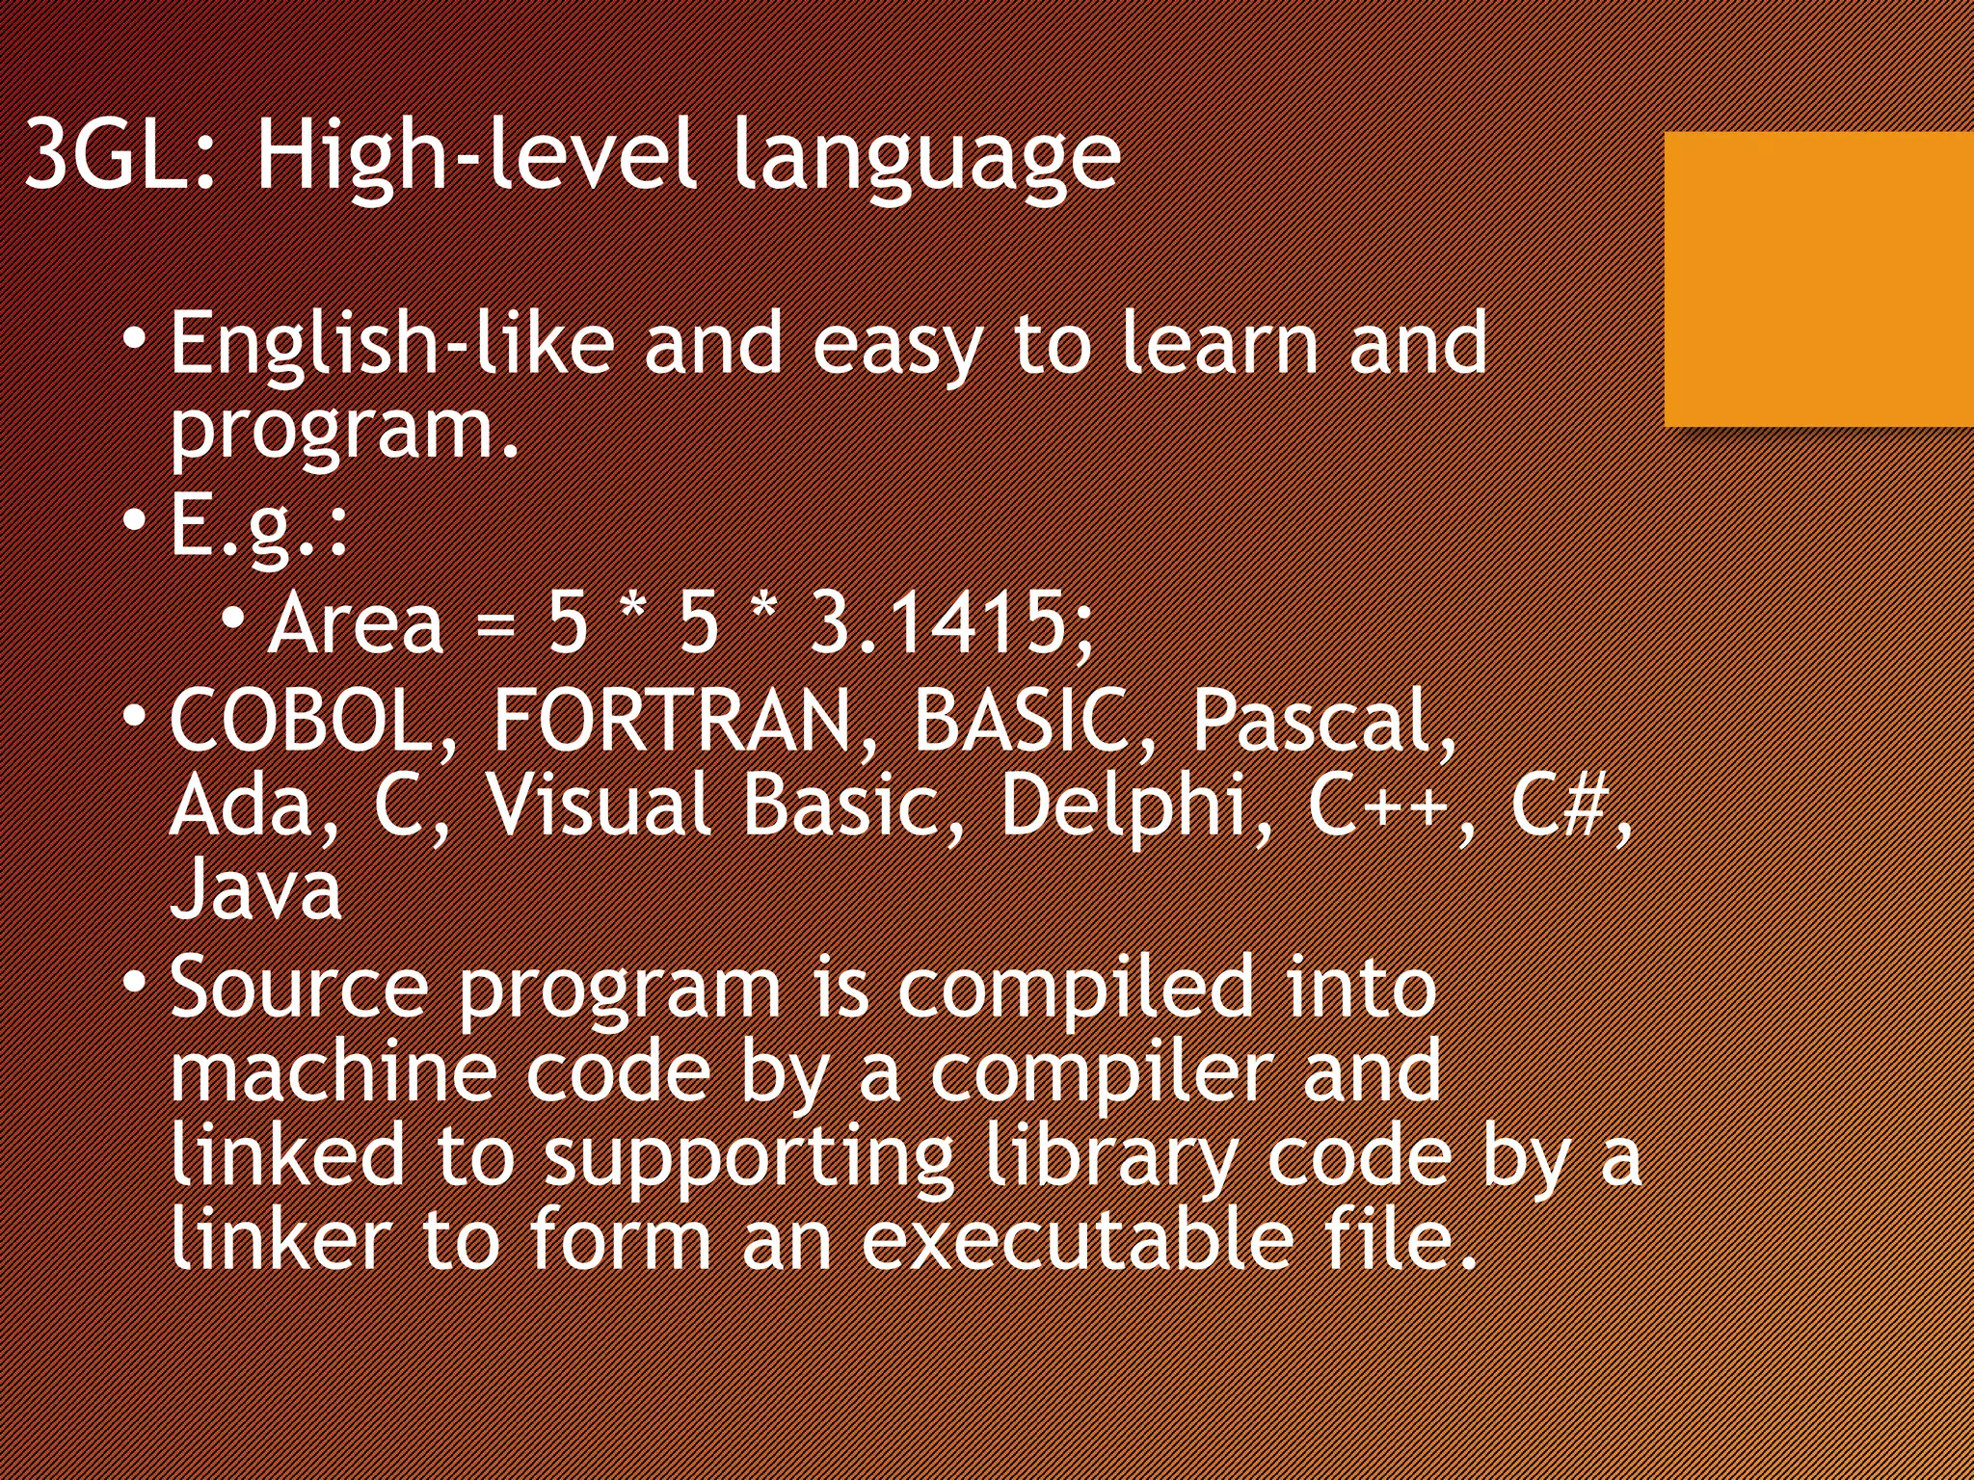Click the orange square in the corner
click(1818, 279)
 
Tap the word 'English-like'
click(391, 344)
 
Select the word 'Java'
click(255, 888)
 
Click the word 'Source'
click(299, 987)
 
